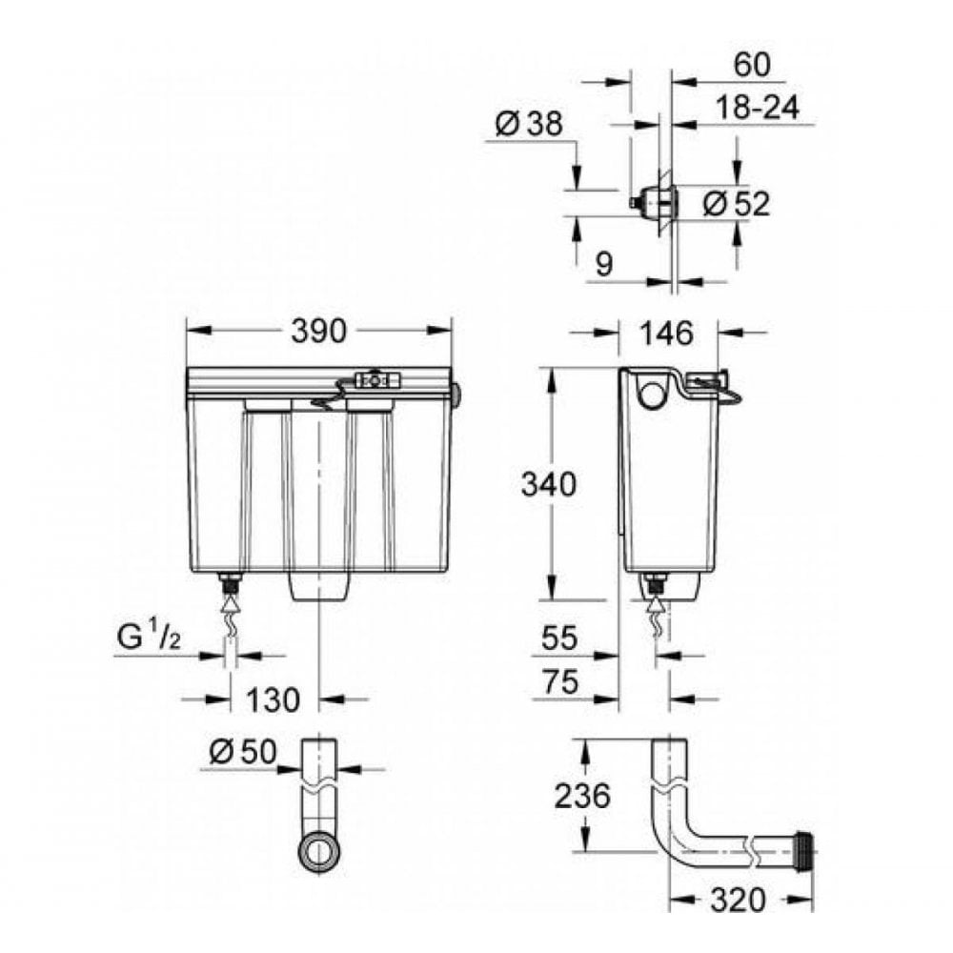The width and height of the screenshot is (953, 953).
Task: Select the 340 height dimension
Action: point(548,485)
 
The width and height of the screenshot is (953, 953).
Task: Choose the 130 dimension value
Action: point(273,700)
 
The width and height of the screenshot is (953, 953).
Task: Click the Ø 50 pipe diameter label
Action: point(242,752)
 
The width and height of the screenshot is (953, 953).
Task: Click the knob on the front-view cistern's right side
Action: point(457,393)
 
